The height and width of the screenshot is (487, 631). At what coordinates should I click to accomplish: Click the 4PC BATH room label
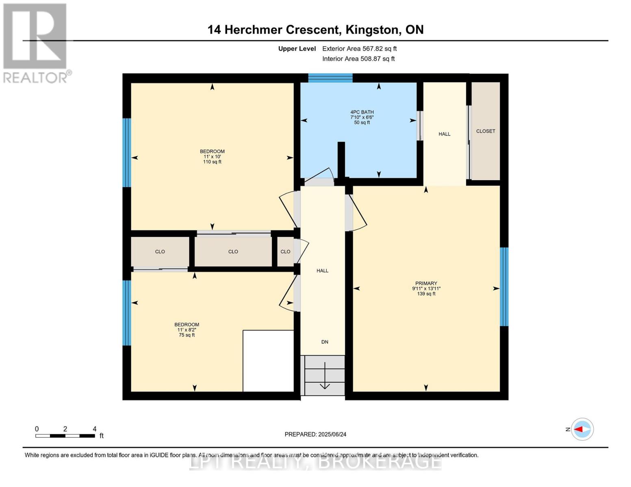pyautogui.click(x=362, y=112)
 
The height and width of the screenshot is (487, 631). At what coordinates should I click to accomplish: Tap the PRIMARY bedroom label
pyautogui.click(x=426, y=283)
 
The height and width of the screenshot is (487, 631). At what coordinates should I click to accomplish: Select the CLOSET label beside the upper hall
pyautogui.click(x=486, y=131)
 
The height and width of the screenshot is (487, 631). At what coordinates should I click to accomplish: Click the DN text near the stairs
pyautogui.click(x=325, y=342)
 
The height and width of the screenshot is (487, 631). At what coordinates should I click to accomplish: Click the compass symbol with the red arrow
pyautogui.click(x=582, y=429)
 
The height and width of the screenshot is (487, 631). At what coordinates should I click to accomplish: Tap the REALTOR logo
pyautogui.click(x=36, y=43)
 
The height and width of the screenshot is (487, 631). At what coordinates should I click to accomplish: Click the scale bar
pyautogui.click(x=65, y=435)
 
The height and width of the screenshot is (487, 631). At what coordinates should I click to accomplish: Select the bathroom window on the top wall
pyautogui.click(x=330, y=78)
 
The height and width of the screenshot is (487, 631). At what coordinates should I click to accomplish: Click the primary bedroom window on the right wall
pyautogui.click(x=504, y=287)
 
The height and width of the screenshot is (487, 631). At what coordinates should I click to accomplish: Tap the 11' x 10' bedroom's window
pyautogui.click(x=127, y=153)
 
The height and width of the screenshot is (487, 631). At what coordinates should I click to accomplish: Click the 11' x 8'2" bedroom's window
pyautogui.click(x=127, y=312)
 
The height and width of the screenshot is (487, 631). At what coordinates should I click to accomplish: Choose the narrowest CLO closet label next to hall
pyautogui.click(x=285, y=252)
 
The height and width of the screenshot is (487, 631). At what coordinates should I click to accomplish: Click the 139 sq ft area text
pyautogui.click(x=426, y=294)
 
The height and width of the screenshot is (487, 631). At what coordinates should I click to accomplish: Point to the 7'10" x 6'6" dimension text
pyautogui.click(x=362, y=117)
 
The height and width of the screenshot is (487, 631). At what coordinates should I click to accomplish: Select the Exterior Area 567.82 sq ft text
pyautogui.click(x=359, y=49)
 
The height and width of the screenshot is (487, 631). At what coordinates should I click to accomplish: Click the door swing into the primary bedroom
pyautogui.click(x=357, y=213)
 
